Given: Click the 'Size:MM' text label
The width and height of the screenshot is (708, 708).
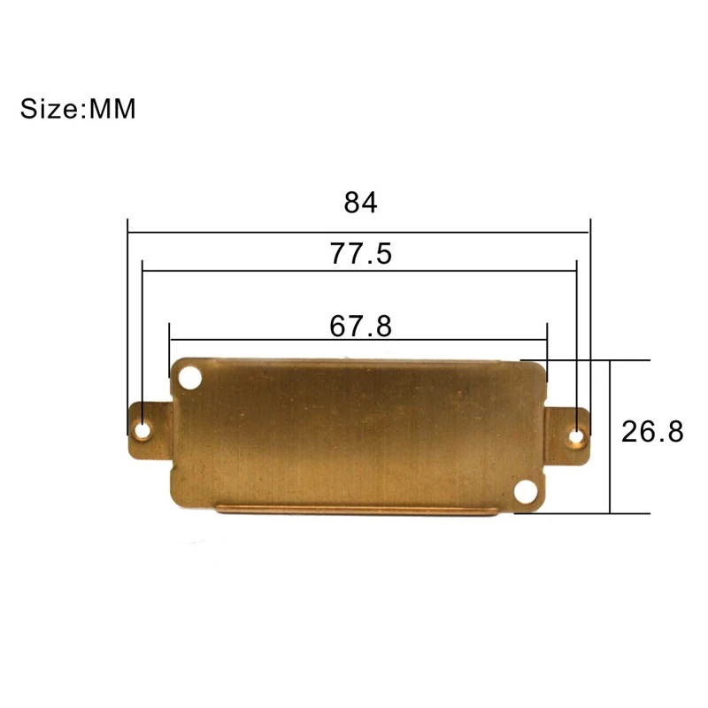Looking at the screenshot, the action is pos(78,109).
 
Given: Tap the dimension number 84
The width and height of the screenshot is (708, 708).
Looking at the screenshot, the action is pos(360,203).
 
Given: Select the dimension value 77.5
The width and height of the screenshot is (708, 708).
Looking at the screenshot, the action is pos(361,253).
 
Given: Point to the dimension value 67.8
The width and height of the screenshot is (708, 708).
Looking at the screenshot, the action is pos(360,326).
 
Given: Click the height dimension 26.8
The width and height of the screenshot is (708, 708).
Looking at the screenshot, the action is pos(652,431).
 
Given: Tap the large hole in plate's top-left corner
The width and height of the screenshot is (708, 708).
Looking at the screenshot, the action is pos(190,378).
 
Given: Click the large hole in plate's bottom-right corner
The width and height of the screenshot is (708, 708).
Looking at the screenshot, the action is pos(526,492).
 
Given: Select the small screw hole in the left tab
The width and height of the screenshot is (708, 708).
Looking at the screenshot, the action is pos(143,430).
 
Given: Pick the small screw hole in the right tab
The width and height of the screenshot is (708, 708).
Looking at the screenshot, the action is pos(576,436).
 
